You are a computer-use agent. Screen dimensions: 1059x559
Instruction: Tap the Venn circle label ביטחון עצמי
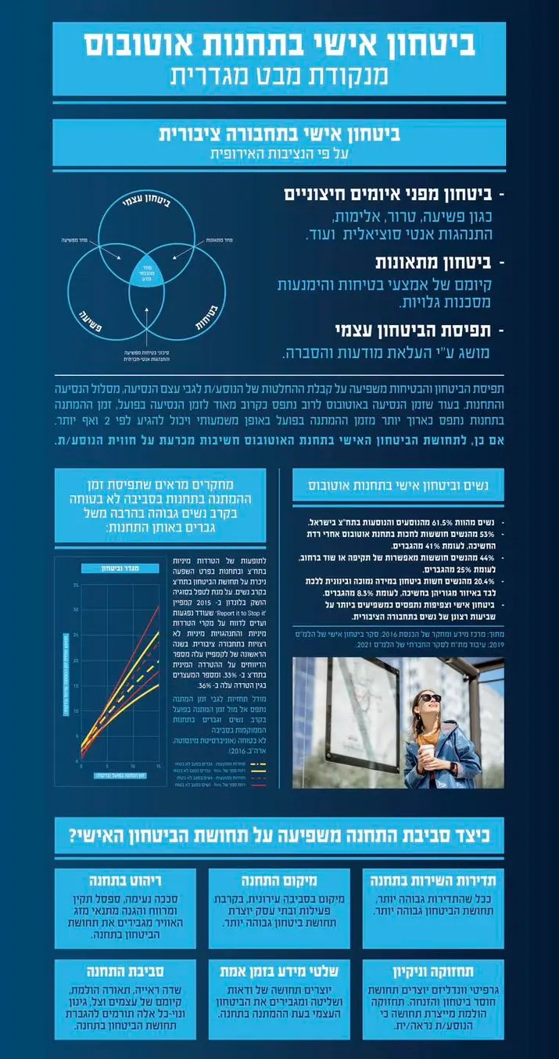[x=148, y=204]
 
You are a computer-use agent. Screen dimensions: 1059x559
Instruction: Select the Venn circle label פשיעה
[x=95, y=320]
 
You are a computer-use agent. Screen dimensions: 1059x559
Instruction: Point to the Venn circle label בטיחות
[x=202, y=319]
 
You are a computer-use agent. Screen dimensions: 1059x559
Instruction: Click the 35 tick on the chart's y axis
[x=76, y=585]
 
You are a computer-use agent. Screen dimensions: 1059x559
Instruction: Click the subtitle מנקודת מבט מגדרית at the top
[x=279, y=77]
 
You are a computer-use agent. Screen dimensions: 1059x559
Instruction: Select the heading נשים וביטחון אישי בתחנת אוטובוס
[x=400, y=485]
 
